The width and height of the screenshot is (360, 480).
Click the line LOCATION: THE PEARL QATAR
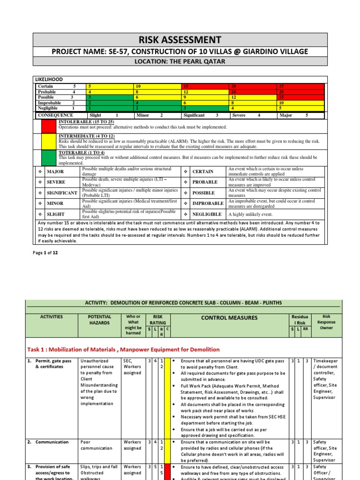click(180, 62)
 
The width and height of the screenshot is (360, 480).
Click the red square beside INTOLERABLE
click(48, 126)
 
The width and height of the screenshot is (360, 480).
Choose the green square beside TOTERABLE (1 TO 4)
click(48, 158)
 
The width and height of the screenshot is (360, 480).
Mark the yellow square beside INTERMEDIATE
click(48, 142)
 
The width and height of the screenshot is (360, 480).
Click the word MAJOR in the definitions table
click(55, 171)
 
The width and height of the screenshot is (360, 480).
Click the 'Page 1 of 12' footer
click(45, 253)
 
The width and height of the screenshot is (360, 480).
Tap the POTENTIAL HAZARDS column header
click(99, 320)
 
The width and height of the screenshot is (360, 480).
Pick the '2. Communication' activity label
click(52, 442)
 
